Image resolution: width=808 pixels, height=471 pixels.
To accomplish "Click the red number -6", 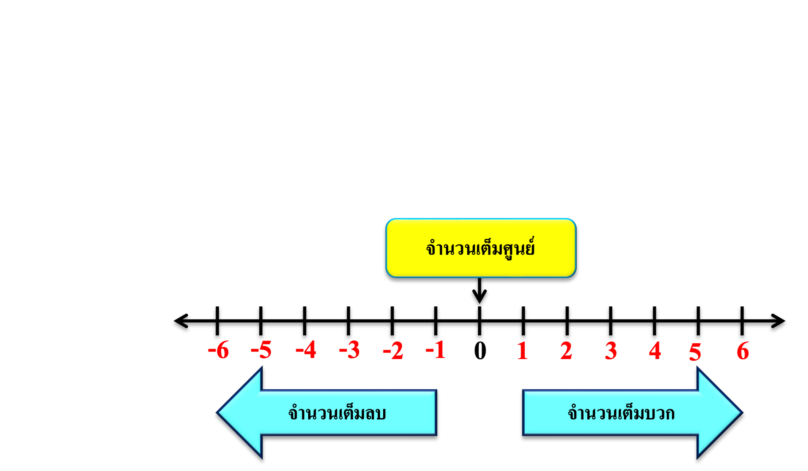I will click(219, 351).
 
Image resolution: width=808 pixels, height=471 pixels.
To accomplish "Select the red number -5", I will click(261, 351).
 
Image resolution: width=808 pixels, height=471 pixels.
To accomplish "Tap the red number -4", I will click(306, 351).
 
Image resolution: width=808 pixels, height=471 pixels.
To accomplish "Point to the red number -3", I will click(349, 351).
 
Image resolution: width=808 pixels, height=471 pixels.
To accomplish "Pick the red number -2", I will click(393, 351).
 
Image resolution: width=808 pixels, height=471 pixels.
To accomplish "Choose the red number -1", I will click(436, 351).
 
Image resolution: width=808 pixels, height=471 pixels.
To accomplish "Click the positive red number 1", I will click(523, 351).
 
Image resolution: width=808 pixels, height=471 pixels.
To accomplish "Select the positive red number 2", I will click(566, 351).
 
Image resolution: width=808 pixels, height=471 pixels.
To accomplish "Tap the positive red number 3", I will click(611, 351).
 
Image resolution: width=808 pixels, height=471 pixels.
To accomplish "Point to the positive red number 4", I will click(655, 351).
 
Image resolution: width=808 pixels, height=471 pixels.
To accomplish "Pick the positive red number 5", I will click(695, 352).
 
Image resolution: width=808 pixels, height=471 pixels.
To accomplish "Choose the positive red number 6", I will click(743, 351).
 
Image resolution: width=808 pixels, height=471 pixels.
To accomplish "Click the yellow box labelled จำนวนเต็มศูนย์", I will click(480, 248).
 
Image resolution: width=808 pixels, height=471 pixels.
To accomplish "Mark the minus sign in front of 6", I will click(211, 352).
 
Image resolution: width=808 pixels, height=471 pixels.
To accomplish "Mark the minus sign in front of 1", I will click(429, 351).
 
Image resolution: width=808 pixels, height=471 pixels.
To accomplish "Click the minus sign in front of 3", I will click(342, 351).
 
